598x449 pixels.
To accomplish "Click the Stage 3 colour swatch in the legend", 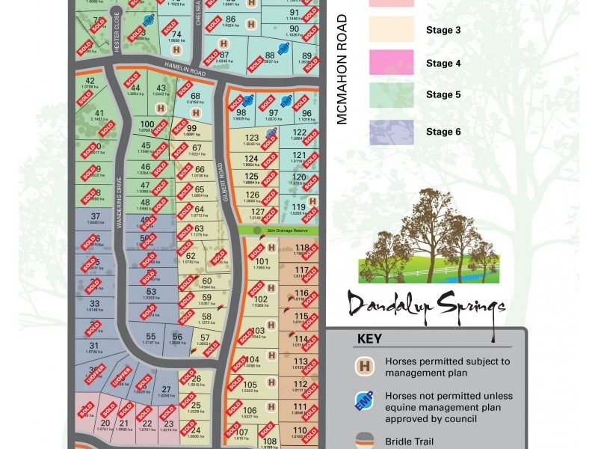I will coord(391,30).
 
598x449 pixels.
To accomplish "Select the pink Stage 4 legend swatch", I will coord(391,64).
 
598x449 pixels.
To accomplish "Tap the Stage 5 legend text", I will coord(444,95).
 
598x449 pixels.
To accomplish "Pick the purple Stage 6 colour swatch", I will coord(391,132).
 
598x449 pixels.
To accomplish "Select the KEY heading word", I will coord(369,338).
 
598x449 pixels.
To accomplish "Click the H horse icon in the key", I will coord(366,367).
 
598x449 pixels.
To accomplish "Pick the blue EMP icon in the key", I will coord(366,402).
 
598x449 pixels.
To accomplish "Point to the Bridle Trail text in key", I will coord(410,442).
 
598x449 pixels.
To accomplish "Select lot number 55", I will coord(150,337).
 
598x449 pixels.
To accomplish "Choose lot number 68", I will coord(195,97).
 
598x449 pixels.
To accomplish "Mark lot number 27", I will coord(166,389).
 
